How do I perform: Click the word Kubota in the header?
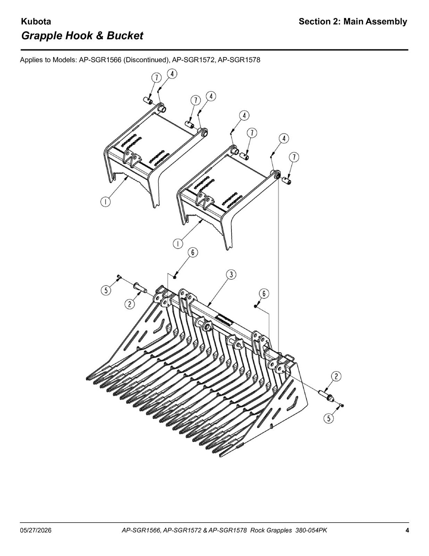[x=36, y=22]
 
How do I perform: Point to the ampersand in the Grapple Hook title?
[x=98, y=35]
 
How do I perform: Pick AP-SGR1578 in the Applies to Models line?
[x=239, y=60]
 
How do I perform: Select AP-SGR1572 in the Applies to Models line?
[x=193, y=60]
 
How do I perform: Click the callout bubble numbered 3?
[x=231, y=275]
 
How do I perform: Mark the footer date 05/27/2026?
[x=36, y=523]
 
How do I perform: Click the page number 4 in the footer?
[x=407, y=523]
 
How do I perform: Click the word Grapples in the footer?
[x=279, y=523]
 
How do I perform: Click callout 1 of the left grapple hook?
[x=105, y=202]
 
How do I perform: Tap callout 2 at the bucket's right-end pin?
[x=336, y=376]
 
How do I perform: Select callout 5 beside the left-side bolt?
[x=106, y=291]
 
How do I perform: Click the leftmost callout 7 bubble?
[x=157, y=77]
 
